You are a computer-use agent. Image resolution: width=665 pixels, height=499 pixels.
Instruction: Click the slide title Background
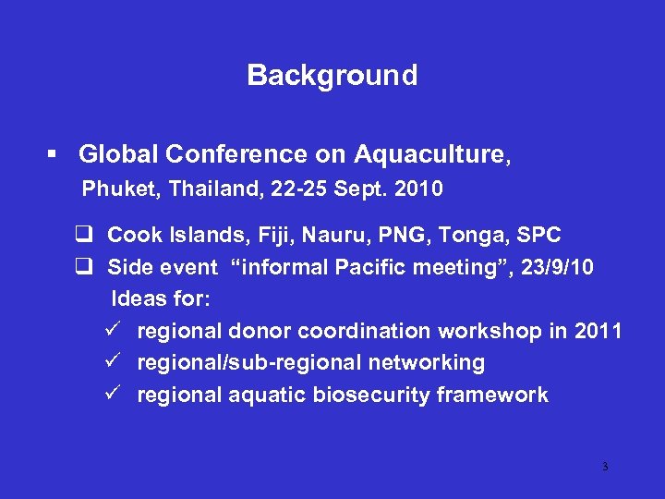332,75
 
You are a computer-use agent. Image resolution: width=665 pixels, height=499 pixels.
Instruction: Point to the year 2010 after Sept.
418,189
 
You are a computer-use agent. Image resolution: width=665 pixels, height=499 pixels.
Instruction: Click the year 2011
598,331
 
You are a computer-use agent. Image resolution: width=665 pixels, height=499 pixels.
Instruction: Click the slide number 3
605,467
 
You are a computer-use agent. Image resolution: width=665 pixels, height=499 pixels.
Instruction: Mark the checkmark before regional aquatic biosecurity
115,395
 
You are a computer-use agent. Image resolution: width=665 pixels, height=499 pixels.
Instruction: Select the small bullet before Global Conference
57,153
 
